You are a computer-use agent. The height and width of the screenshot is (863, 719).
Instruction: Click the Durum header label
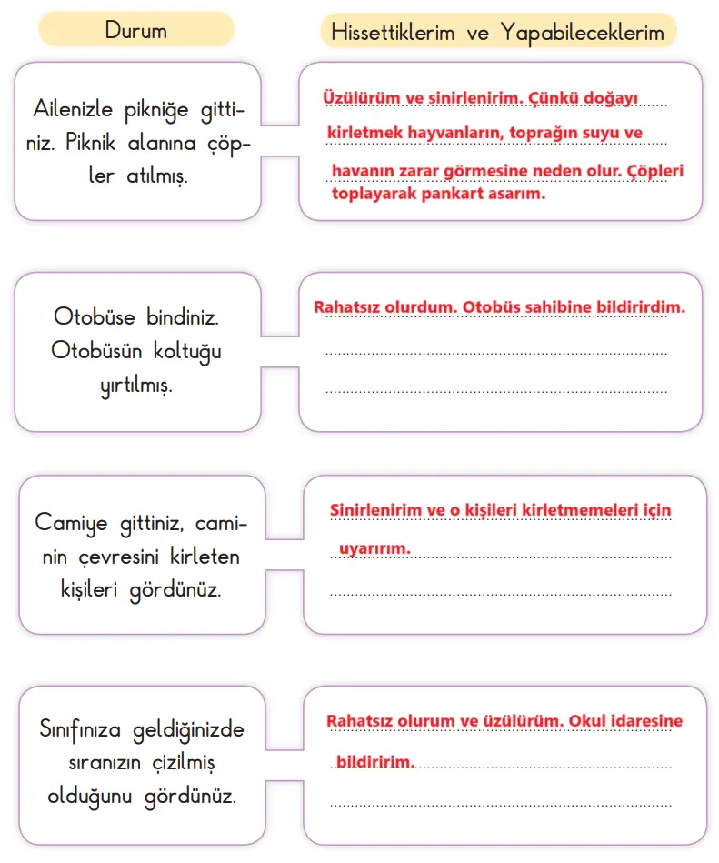click(x=136, y=30)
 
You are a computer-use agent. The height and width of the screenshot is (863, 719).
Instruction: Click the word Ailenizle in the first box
click(x=73, y=110)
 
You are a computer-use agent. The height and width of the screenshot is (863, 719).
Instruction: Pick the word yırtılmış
click(x=136, y=384)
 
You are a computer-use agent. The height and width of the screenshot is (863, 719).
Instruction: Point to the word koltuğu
click(x=182, y=350)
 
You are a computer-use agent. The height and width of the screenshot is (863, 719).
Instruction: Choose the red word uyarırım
click(x=374, y=548)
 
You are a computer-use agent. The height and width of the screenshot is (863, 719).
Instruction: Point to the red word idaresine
click(x=641, y=721)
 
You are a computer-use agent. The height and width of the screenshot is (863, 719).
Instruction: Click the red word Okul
click(x=587, y=721)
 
